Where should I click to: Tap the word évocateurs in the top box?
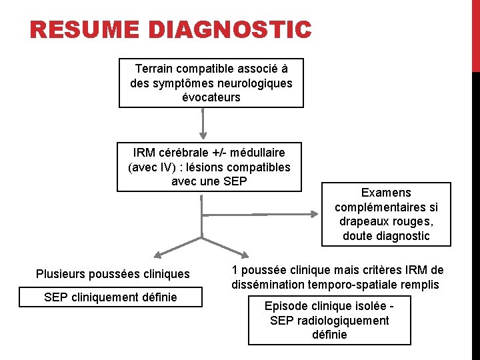coord(211,97)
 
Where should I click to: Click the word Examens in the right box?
coord(386,192)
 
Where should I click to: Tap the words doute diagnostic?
coord(386,236)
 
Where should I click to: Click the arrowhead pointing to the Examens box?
coord(313,215)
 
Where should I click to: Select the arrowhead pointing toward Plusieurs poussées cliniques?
coord(157,255)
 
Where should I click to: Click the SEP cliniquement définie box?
coord(111,297)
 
